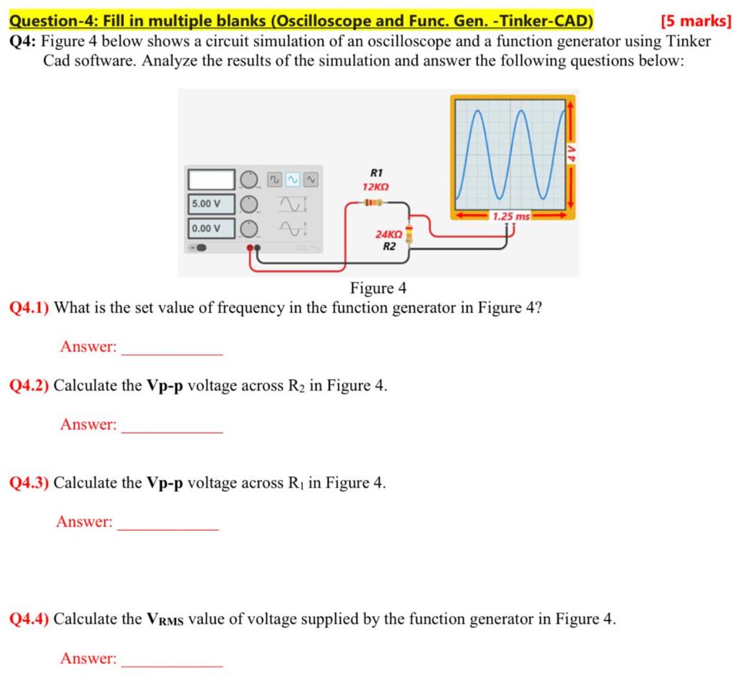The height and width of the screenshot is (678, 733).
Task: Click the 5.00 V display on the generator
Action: (211, 204)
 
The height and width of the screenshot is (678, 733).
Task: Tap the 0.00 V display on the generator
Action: (211, 228)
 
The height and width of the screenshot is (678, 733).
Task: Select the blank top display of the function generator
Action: (211, 179)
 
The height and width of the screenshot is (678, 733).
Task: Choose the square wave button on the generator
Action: (276, 179)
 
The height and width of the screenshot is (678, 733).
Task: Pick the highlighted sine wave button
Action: (293, 179)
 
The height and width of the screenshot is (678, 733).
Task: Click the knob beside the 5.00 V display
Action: (247, 204)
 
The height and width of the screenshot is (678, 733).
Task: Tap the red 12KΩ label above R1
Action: (375, 187)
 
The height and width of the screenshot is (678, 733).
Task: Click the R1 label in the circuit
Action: (377, 173)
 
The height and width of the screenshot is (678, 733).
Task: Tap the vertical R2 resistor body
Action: (409, 234)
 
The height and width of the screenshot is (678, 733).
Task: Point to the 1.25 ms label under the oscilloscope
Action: (512, 216)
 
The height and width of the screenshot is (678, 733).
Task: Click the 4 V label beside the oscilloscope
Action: (571, 153)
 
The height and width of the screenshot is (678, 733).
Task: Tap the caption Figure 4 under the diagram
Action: (378, 288)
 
